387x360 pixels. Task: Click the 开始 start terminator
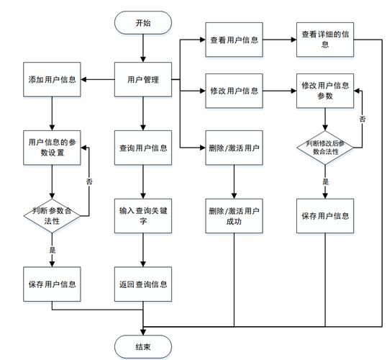click(x=143, y=22)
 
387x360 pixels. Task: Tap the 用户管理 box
click(x=143, y=78)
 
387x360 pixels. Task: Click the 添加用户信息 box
click(x=52, y=78)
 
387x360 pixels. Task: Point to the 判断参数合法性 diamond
click(x=52, y=215)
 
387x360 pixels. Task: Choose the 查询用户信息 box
click(x=143, y=148)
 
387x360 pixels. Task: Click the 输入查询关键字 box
click(x=143, y=217)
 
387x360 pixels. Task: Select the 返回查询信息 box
click(x=143, y=284)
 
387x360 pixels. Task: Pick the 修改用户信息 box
click(x=234, y=91)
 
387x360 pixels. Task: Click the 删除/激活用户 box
click(x=234, y=148)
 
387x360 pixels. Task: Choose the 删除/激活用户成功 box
click(x=234, y=217)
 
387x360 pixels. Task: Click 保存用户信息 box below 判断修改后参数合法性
click(x=325, y=215)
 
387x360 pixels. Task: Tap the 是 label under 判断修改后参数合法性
click(x=325, y=183)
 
